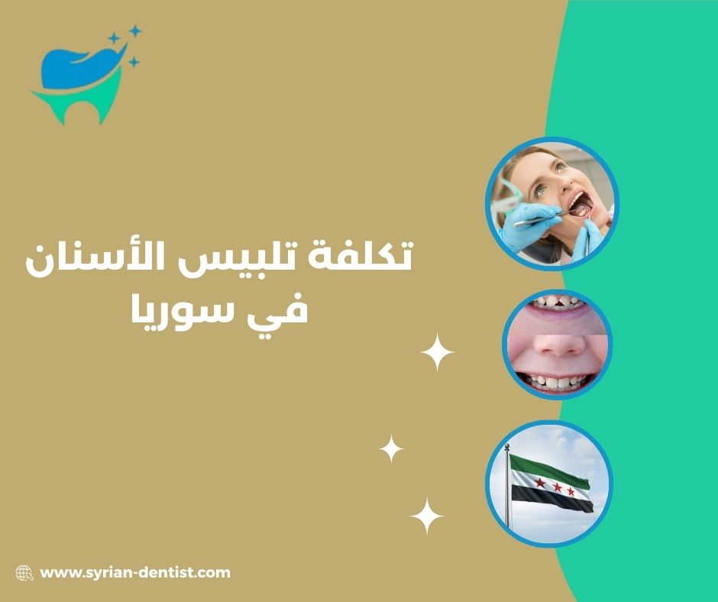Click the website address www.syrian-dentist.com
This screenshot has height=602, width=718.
click(x=134, y=572)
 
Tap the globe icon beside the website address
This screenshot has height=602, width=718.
click(x=24, y=573)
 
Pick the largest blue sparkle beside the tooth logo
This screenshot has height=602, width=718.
click(x=115, y=39)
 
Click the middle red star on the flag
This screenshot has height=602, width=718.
click(x=557, y=487)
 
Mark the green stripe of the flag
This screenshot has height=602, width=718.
click(x=550, y=467)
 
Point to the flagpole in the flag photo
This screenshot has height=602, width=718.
click(x=506, y=489)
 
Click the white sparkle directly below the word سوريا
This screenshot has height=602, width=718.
click(x=438, y=353)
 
